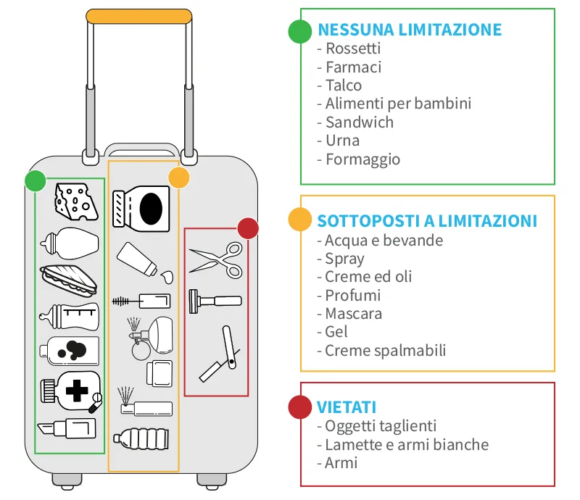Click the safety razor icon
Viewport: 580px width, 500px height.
[215, 300]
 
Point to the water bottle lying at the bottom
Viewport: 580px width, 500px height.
[143, 438]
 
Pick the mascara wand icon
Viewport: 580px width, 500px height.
[142, 299]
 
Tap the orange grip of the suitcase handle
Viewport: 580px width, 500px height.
[138, 16]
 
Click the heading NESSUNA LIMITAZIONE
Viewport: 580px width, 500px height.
[410, 30]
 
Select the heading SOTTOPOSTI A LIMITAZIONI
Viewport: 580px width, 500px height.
[427, 220]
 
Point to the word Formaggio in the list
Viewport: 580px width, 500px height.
[362, 159]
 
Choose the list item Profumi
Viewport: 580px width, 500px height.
[352, 295]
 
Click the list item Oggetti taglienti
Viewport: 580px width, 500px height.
[381, 425]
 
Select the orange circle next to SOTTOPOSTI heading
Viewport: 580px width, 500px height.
[299, 220]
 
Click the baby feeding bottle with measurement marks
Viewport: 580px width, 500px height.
[68, 317]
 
